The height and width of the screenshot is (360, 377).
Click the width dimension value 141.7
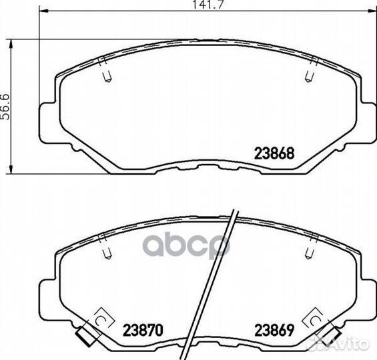coord(208,5)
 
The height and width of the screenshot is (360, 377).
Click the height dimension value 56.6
coord(5,107)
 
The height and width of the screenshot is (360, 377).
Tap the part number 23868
coord(274,153)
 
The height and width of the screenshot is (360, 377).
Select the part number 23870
coord(143,330)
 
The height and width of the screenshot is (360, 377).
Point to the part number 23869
coord(274,330)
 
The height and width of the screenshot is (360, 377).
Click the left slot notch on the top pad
coord(107,77)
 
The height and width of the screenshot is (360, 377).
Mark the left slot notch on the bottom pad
coord(107,253)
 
